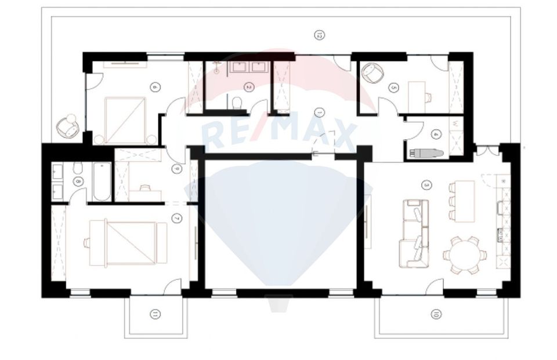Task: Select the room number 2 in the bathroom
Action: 248,88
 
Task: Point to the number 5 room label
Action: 394,88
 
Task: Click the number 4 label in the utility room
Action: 436,133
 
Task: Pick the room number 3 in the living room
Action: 426,186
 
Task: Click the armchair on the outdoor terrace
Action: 68,126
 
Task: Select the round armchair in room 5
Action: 372,75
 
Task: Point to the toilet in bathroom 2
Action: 236,103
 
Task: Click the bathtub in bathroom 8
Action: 102,182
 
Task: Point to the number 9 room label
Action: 176,169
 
